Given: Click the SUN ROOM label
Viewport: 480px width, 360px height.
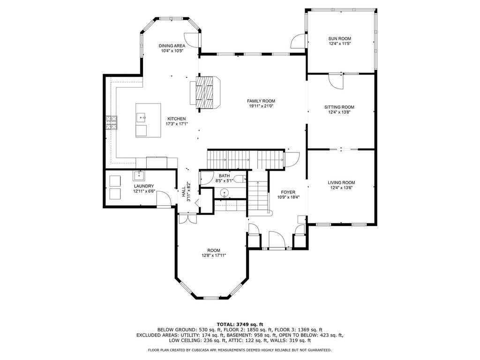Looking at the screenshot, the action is click(339, 38).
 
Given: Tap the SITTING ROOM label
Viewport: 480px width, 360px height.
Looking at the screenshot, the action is click(339, 107).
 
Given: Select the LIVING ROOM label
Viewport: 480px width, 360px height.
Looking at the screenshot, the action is click(341, 183).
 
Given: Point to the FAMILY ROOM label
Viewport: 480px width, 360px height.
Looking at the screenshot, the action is click(261, 101).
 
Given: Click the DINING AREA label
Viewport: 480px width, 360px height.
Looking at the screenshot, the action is click(172, 46).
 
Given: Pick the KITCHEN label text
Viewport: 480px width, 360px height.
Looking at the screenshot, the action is click(176, 119).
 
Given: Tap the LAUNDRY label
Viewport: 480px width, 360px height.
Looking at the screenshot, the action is click(144, 186).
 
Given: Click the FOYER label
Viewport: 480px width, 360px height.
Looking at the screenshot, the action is click(288, 192).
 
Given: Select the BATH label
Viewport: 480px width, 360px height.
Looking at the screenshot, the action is click(224, 176).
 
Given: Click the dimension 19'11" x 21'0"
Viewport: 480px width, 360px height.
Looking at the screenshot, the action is click(261, 106).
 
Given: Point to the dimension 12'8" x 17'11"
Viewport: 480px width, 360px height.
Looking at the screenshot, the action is click(214, 255).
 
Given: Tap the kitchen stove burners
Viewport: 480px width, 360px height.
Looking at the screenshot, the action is click(112, 123).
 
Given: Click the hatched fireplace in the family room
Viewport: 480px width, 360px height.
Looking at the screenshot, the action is click(205, 92).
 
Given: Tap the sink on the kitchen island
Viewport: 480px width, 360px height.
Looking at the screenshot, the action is click(141, 117).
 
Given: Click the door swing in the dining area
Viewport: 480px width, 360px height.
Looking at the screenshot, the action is click(192, 40).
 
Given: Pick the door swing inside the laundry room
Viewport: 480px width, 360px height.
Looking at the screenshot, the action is click(164, 199).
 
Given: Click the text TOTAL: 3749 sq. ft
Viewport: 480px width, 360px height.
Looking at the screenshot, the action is click(240, 324).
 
